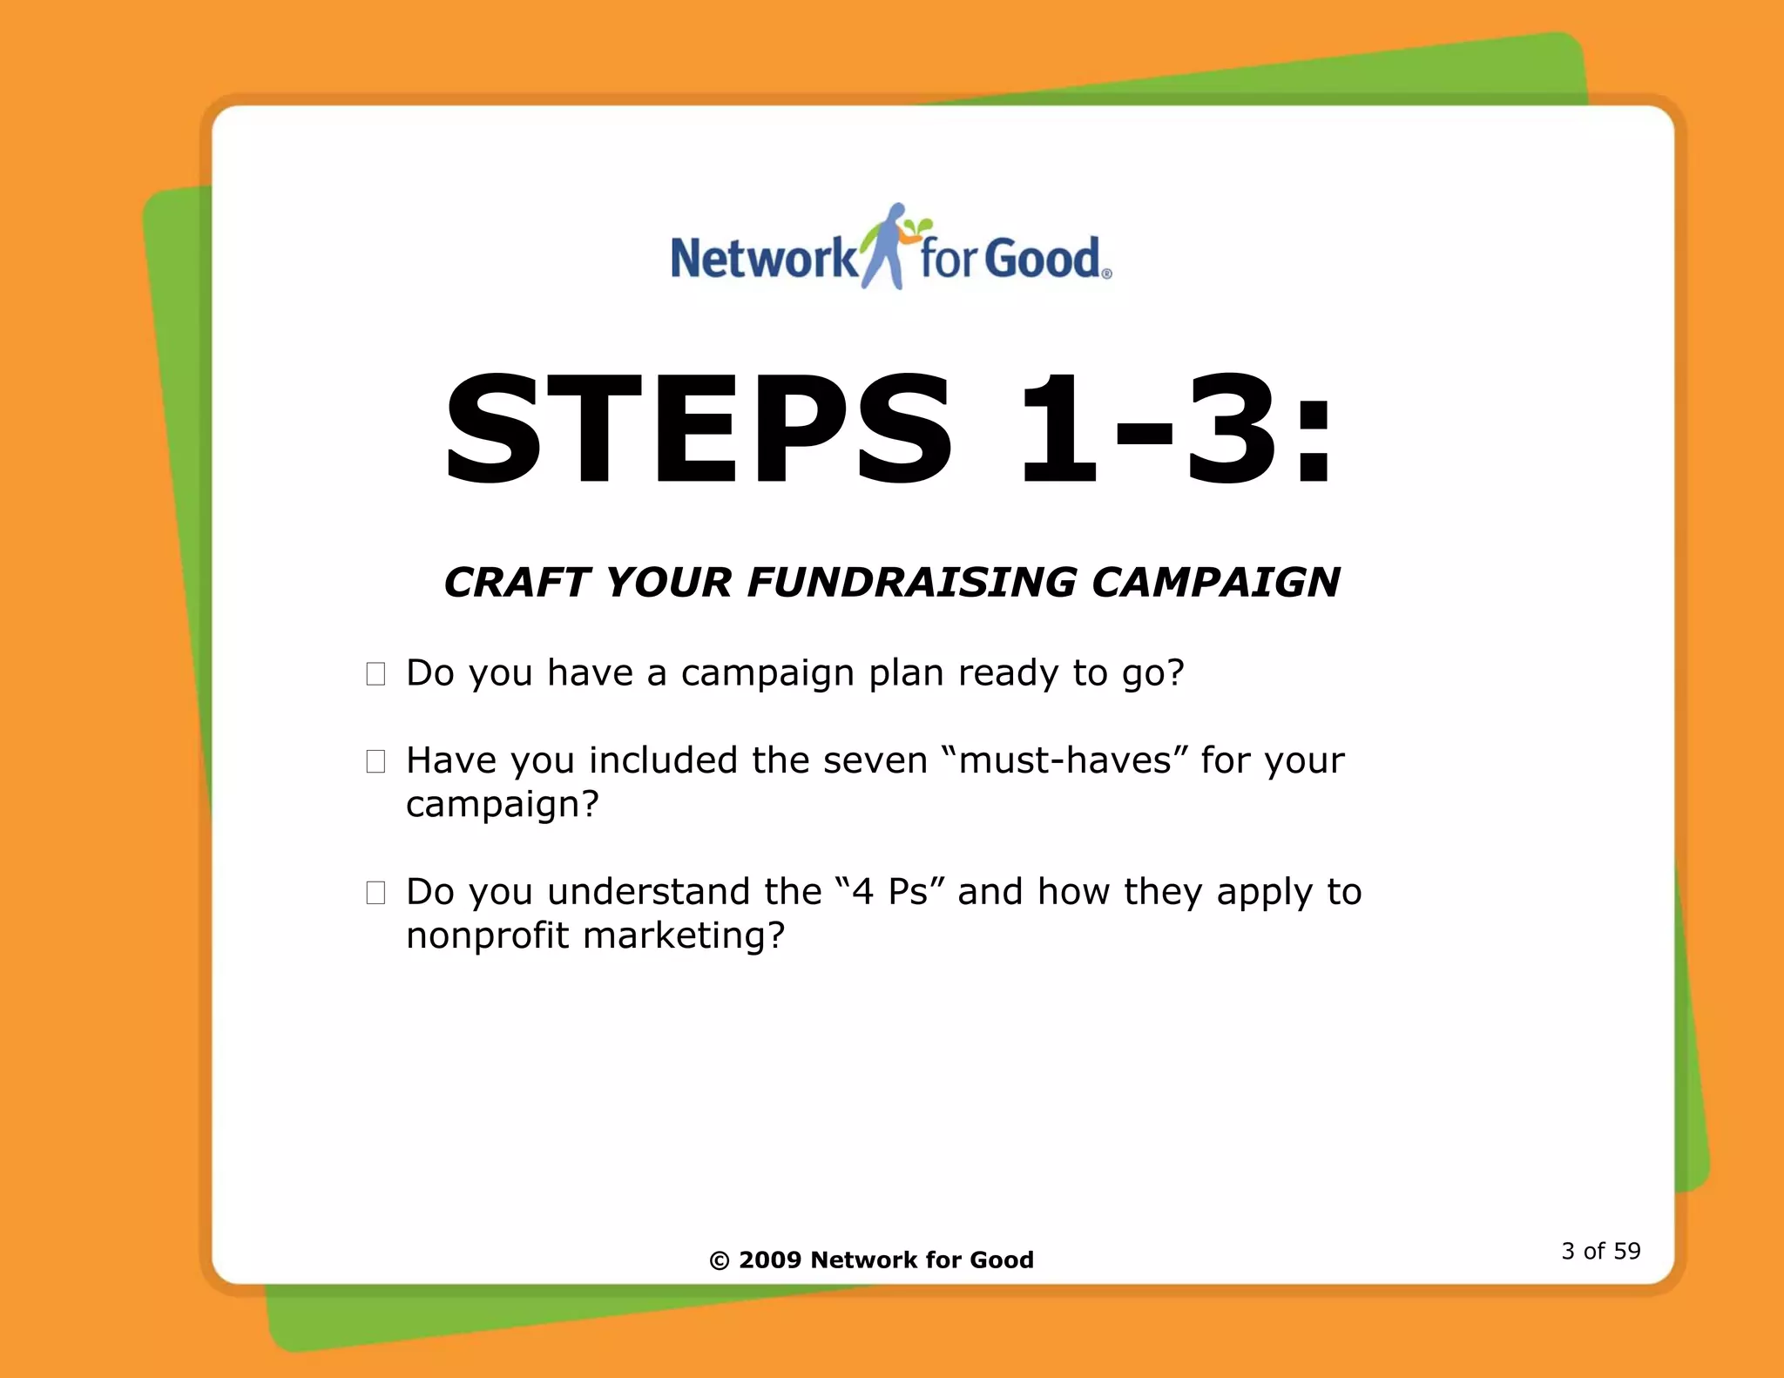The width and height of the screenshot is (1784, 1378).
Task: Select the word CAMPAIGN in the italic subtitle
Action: [1215, 582]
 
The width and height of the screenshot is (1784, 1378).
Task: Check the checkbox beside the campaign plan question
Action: [375, 674]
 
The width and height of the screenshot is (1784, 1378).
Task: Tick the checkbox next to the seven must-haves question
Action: [375, 761]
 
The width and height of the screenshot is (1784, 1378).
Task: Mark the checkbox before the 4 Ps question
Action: [375, 893]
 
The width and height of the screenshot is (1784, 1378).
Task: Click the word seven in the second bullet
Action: [875, 761]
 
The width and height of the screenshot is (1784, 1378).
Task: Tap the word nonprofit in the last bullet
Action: [487, 936]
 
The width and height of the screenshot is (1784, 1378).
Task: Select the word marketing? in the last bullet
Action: [684, 936]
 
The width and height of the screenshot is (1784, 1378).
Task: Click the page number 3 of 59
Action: [1600, 1252]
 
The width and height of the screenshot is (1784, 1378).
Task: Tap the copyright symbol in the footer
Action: [720, 1260]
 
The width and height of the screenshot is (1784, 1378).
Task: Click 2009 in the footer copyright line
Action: [769, 1260]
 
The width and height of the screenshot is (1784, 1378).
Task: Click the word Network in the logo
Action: [763, 259]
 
